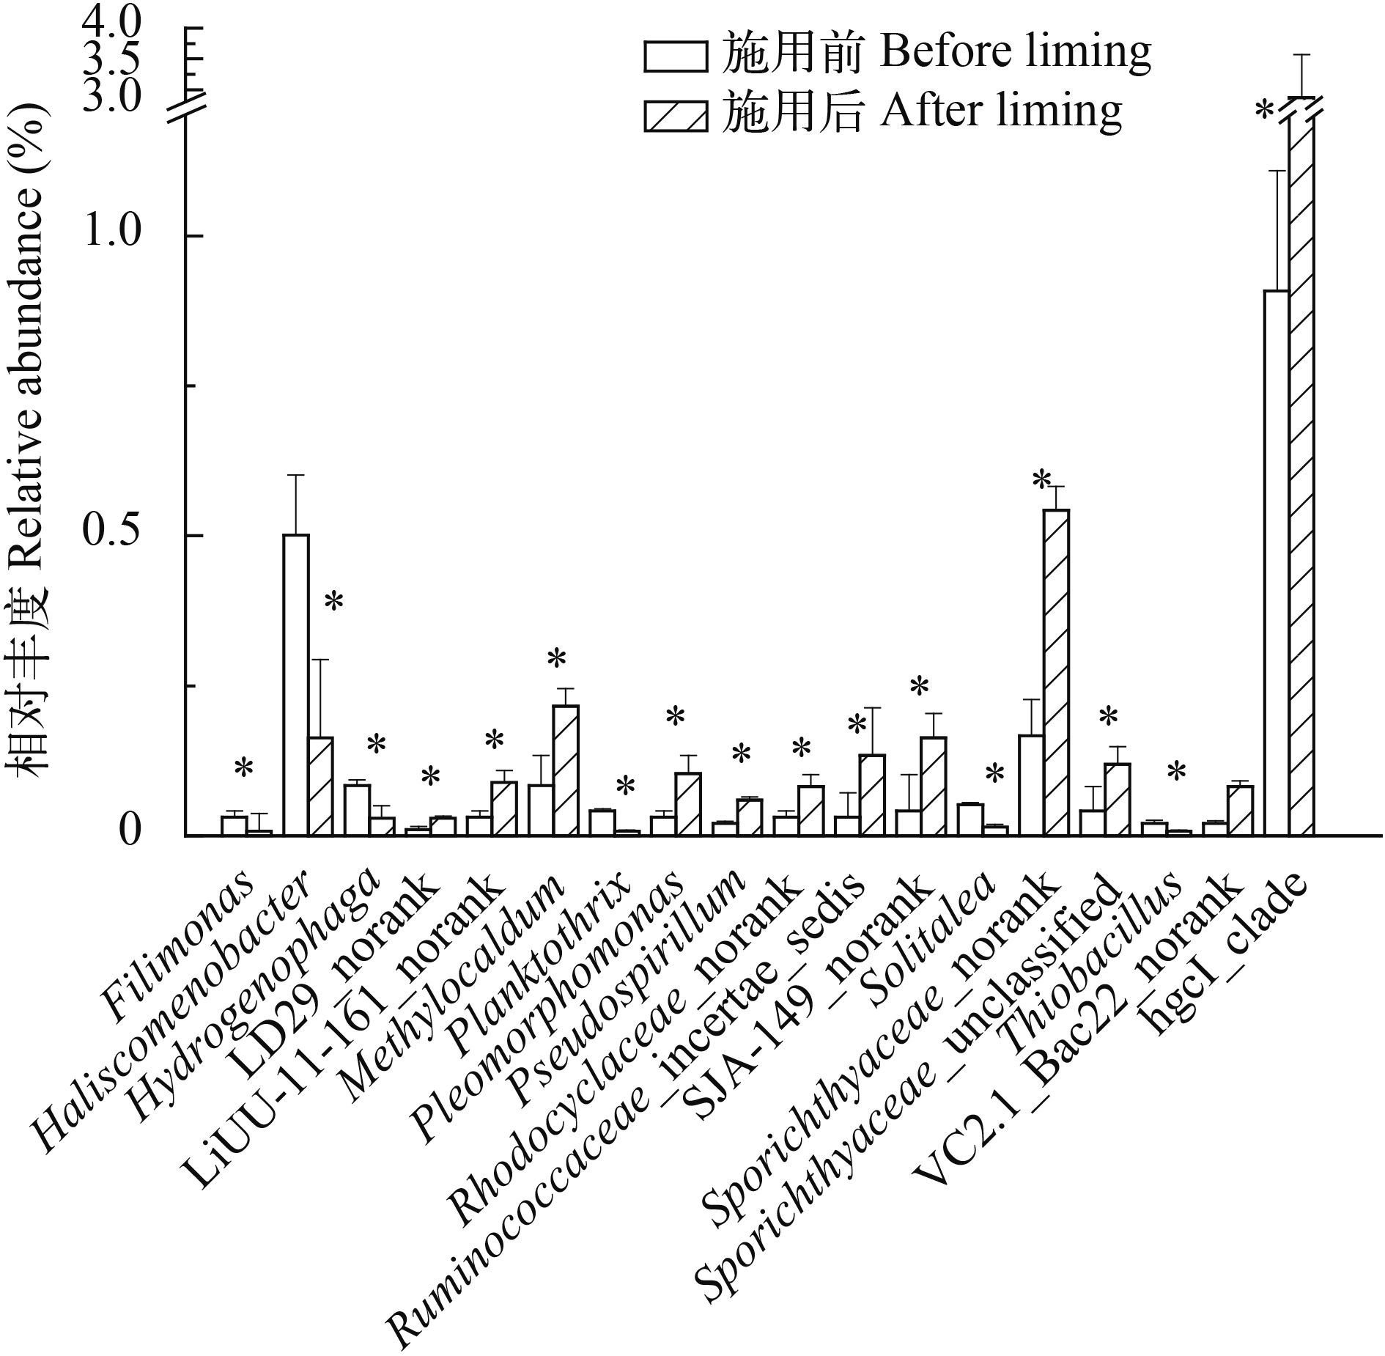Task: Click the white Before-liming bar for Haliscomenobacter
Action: click(296, 685)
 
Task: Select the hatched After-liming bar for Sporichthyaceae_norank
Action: click(1056, 672)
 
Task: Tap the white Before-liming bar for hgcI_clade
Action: click(1276, 563)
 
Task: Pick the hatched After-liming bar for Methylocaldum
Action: click(566, 770)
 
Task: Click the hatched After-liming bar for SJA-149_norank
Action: click(934, 786)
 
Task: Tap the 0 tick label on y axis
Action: click(129, 833)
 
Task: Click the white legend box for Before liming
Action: click(675, 56)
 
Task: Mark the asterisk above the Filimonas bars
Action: click(243, 768)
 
